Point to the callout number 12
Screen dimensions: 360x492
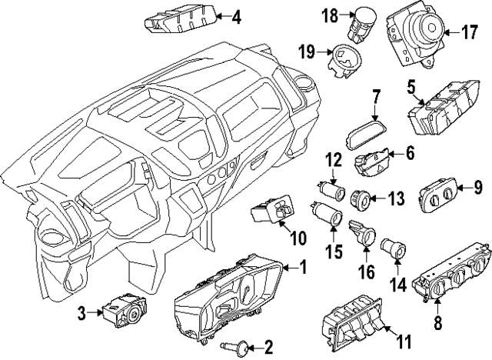(332, 160)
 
